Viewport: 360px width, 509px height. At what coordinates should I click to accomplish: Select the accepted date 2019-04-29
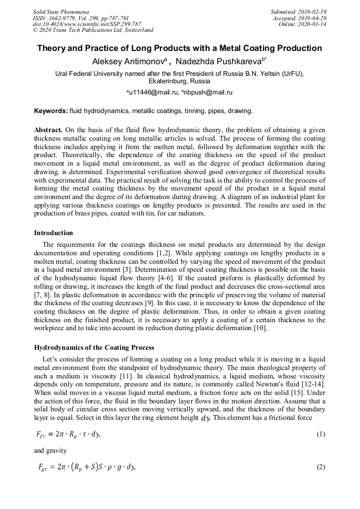pyautogui.click(x=312, y=18)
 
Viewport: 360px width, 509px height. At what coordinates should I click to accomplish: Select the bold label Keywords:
pyautogui.click(x=51, y=111)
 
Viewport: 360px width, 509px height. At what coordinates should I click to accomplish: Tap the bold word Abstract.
pyautogui.click(x=48, y=130)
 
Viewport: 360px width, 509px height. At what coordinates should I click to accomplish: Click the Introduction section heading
pyautogui.click(x=54, y=233)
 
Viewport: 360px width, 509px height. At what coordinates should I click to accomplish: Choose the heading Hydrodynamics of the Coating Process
pyautogui.click(x=94, y=348)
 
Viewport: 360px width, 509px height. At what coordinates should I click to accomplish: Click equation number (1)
pyautogui.click(x=321, y=435)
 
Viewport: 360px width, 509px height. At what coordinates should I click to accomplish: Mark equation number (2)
pyautogui.click(x=321, y=467)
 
